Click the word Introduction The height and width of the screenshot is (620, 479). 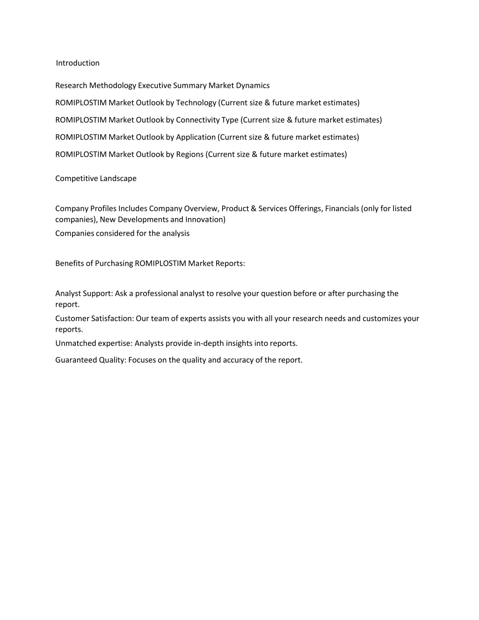point(78,63)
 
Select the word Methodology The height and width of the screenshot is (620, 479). point(113,86)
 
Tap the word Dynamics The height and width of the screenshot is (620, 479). point(253,86)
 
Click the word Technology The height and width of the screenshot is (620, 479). point(196,103)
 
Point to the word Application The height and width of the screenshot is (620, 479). point(196,137)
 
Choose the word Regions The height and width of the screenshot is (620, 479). point(189,154)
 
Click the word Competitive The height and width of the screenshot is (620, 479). point(76,179)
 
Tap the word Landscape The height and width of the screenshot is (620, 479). point(118,179)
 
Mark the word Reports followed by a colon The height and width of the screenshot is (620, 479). point(230,263)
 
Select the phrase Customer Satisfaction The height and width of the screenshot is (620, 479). point(94,319)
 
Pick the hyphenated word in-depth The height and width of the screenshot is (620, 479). point(208,343)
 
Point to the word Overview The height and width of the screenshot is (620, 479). point(201,209)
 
